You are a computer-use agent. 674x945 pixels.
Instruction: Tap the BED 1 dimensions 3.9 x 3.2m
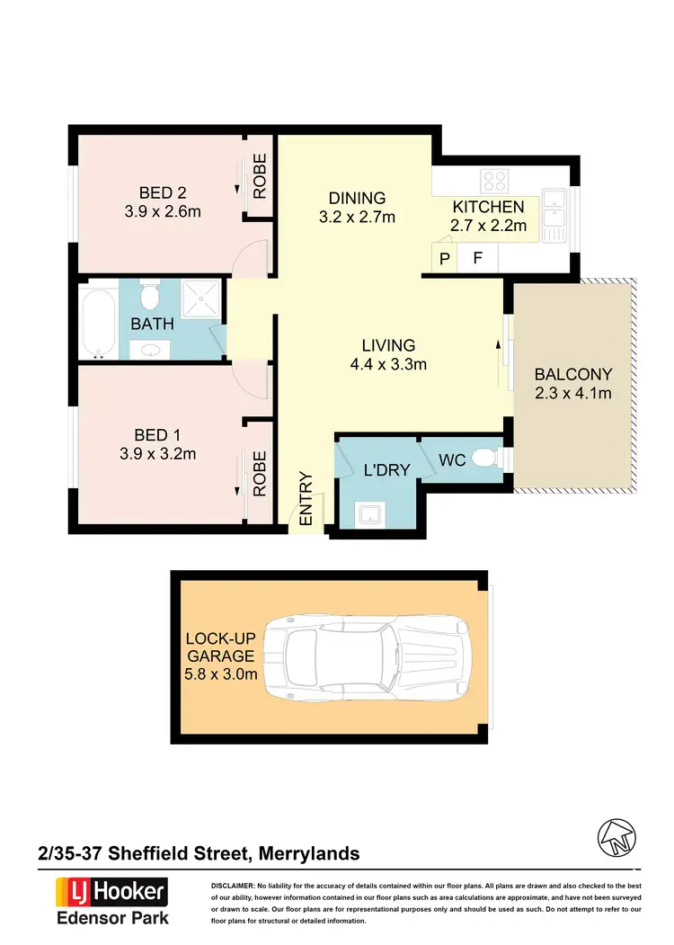[x=157, y=454]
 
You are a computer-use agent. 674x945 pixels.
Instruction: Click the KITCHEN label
[x=488, y=207]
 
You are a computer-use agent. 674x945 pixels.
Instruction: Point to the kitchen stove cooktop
[x=494, y=181]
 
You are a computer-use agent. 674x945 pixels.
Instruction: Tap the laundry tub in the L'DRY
[x=370, y=513]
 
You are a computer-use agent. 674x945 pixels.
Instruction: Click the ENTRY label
[x=306, y=499]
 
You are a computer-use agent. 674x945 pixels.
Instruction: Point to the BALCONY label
[x=572, y=374]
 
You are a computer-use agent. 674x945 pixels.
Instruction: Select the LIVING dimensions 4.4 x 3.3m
[x=388, y=364]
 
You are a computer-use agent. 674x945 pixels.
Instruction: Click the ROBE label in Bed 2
[x=260, y=175]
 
